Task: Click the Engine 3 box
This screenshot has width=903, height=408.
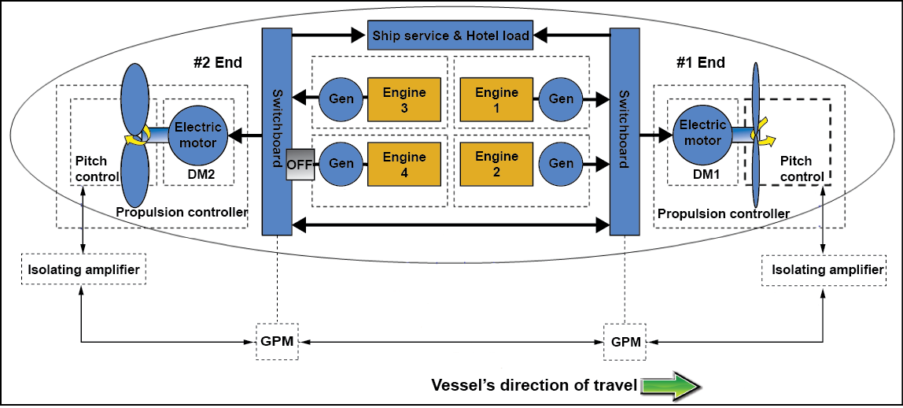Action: pyautogui.click(x=404, y=100)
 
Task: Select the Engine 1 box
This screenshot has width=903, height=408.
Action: pyautogui.click(x=496, y=100)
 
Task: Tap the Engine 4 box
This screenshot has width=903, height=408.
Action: pyautogui.click(x=404, y=164)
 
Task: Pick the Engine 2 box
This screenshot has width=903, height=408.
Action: pyautogui.click(x=496, y=164)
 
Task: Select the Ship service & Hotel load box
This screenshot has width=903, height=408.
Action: pyautogui.click(x=451, y=35)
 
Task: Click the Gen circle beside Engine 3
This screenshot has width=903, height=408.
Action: pyautogui.click(x=341, y=99)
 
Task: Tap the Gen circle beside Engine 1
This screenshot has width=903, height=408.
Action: pyautogui.click(x=561, y=99)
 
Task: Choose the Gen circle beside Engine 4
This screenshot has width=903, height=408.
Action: pyautogui.click(x=341, y=164)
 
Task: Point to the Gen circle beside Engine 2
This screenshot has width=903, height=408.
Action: pyautogui.click(x=561, y=164)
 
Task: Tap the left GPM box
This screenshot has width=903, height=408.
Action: pyautogui.click(x=278, y=342)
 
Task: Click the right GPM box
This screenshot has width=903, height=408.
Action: pyautogui.click(x=625, y=342)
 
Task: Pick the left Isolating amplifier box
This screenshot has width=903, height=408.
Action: pyautogui.click(x=84, y=270)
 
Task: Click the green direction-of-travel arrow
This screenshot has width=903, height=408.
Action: pyautogui.click(x=670, y=386)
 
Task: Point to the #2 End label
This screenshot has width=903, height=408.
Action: pyautogui.click(x=217, y=63)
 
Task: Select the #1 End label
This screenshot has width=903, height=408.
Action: pyautogui.click(x=701, y=63)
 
